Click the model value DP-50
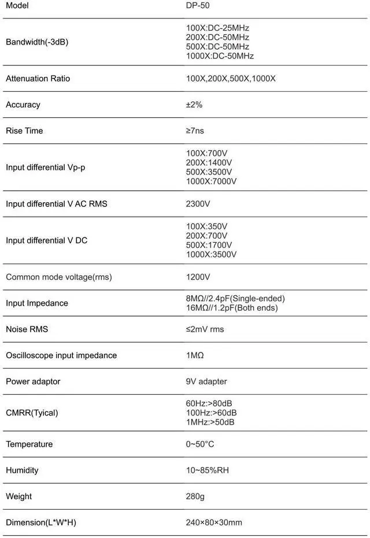click(198, 5)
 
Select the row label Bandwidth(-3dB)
click(37, 42)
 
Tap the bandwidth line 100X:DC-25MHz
click(217, 28)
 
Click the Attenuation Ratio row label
click(38, 79)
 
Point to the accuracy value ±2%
click(194, 105)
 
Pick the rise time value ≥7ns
click(195, 131)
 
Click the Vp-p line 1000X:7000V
click(211, 181)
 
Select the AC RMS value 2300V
click(198, 204)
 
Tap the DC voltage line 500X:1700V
click(209, 245)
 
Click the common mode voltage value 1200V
click(198, 277)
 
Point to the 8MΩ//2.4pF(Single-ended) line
click(235, 298)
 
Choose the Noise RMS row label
click(27, 329)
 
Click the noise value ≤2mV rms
click(205, 329)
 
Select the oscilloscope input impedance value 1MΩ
click(195, 355)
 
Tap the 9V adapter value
click(206, 381)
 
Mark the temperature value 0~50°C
click(200, 444)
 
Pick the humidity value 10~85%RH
click(208, 470)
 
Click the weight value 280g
click(195, 496)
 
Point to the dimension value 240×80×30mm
click(214, 522)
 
